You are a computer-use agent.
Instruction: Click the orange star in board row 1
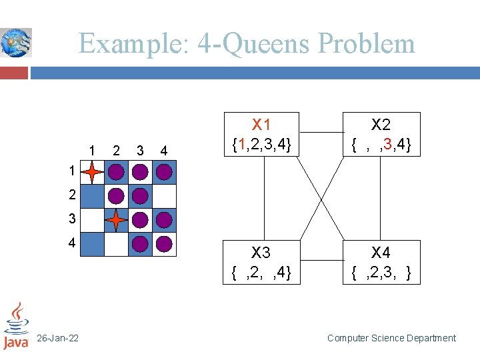tap(92, 173)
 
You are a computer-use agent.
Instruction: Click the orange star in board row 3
tap(116, 219)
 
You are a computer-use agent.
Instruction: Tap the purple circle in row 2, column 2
tap(116, 196)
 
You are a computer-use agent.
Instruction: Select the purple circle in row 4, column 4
tap(164, 244)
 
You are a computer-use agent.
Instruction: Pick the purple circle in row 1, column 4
tap(164, 173)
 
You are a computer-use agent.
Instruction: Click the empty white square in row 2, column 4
tap(165, 196)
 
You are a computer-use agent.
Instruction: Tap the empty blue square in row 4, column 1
tap(93, 244)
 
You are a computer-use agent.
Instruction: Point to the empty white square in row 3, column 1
tap(93, 220)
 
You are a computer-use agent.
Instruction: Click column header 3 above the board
tap(139, 150)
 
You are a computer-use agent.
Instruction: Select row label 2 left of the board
tap(71, 195)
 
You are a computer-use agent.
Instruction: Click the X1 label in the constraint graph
tap(261, 125)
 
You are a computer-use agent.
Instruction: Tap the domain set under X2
tap(381, 143)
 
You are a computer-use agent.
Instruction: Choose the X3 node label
tap(261, 253)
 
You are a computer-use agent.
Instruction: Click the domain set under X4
tap(381, 272)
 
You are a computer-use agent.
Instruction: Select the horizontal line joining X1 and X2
tap(321, 133)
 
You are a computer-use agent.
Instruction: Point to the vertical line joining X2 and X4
tap(381, 198)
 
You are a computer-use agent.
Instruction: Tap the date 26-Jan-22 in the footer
tap(58, 339)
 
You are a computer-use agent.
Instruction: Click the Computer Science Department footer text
tap(391, 339)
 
